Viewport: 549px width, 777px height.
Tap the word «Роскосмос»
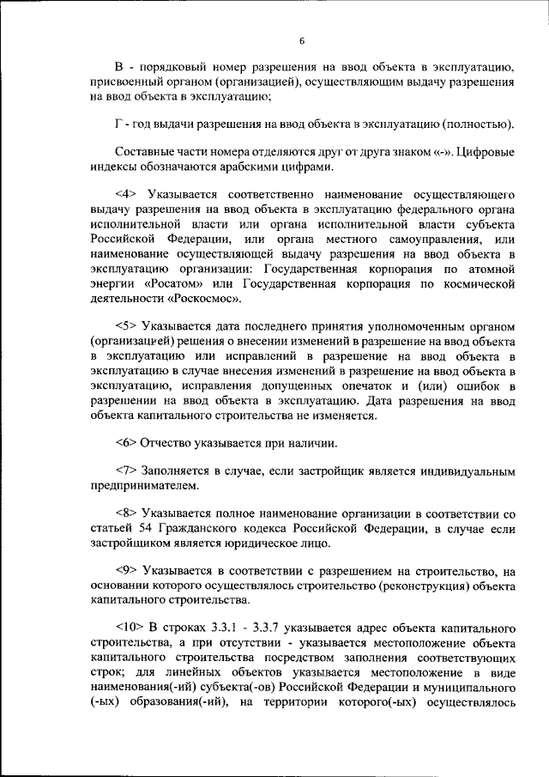click(200, 299)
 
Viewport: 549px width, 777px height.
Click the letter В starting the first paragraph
click(119, 67)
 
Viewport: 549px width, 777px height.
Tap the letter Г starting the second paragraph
click(118, 124)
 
